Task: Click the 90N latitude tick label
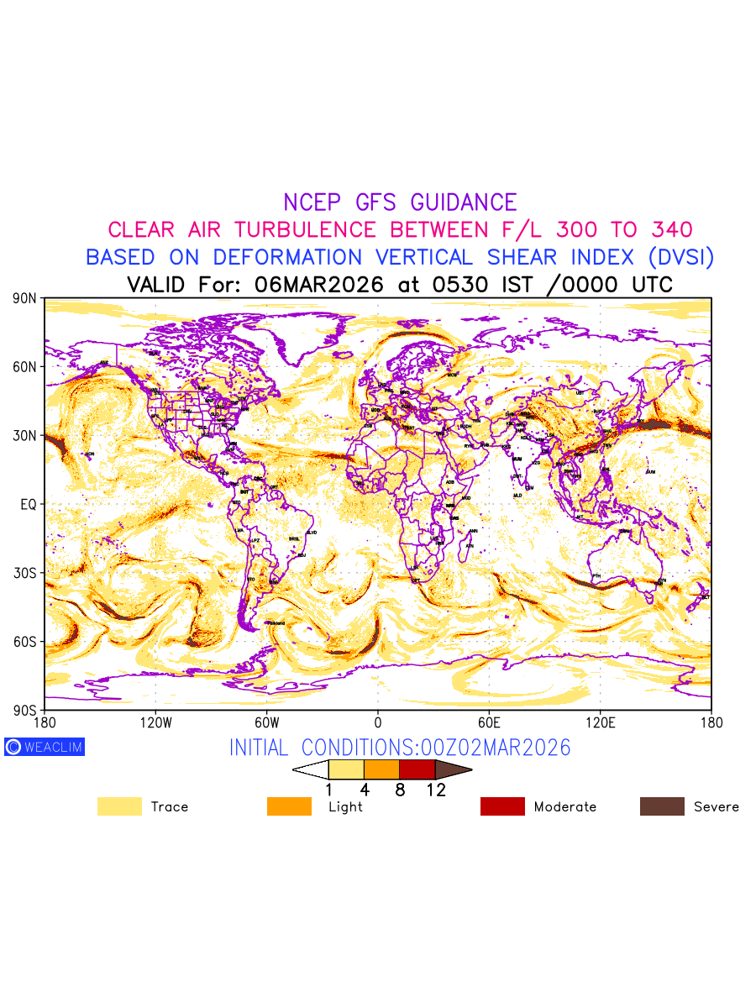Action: (x=25, y=298)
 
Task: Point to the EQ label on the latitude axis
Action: (x=28, y=504)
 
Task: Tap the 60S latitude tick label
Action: (x=25, y=642)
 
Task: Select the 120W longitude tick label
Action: (x=155, y=722)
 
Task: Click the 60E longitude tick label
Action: (x=489, y=722)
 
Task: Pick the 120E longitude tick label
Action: (x=600, y=722)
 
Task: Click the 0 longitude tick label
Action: (x=378, y=722)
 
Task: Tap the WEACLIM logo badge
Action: (x=45, y=747)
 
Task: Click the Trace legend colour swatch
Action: (x=119, y=806)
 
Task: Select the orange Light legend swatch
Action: (x=289, y=806)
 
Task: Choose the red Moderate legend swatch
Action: (x=502, y=806)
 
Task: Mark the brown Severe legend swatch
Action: (x=662, y=806)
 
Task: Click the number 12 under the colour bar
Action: (x=436, y=790)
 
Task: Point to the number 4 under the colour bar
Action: (x=365, y=790)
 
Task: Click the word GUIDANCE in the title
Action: (x=464, y=202)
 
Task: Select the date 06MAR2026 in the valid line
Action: (x=318, y=284)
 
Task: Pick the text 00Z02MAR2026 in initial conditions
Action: (x=490, y=748)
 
